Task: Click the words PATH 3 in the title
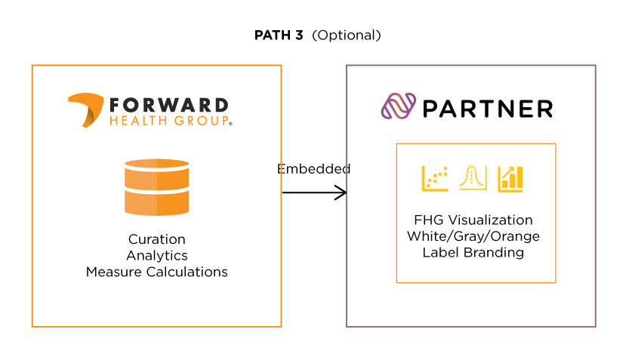point(279,35)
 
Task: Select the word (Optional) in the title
point(347,35)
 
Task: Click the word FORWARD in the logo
point(168,105)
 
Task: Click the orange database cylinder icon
point(156,187)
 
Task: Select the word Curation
point(156,240)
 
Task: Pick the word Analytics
point(156,256)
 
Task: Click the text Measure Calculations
point(156,272)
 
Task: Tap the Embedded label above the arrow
point(313,169)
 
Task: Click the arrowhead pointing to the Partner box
point(341,192)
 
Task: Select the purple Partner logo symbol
point(398,106)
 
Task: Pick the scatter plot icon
point(435,178)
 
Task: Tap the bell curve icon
point(473,178)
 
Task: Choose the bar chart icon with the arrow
point(510,178)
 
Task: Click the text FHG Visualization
point(473,220)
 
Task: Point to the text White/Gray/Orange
point(473,236)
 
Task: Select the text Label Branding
point(473,252)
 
